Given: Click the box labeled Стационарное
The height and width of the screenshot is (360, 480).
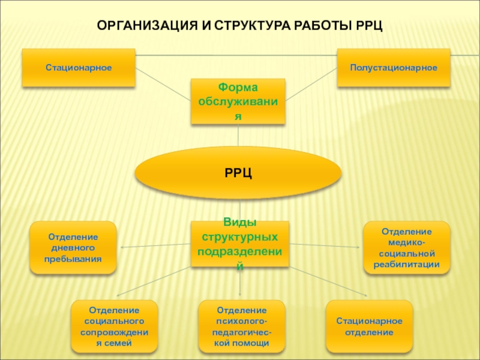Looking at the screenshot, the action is (x=79, y=68).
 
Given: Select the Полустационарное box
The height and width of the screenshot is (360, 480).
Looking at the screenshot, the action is (x=394, y=68).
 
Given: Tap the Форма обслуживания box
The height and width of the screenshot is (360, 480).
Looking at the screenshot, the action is (x=238, y=101).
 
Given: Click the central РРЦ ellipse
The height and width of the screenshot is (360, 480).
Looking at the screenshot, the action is (x=238, y=173).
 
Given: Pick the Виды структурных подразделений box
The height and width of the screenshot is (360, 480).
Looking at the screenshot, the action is (x=240, y=244).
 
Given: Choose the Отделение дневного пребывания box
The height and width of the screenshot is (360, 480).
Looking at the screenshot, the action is (x=73, y=248).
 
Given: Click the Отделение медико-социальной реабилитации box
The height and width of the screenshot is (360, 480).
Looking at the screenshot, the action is (x=407, y=248).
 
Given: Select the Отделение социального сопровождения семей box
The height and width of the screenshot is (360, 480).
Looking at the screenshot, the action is (x=115, y=326).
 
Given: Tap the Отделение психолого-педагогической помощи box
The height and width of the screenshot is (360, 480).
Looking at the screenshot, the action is (x=242, y=326).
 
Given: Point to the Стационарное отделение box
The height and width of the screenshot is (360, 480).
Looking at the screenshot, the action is (x=370, y=326).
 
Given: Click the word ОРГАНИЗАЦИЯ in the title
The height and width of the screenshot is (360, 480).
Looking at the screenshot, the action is (x=147, y=26).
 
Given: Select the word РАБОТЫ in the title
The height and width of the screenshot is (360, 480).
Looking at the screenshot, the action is (x=323, y=26).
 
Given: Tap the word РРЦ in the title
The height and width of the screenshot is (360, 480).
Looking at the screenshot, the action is (x=369, y=26).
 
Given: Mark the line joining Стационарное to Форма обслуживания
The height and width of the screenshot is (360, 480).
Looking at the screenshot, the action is (x=163, y=85).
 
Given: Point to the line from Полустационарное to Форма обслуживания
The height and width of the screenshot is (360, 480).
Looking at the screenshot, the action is (x=311, y=85).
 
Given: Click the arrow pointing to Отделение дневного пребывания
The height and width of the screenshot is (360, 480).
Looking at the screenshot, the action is (x=156, y=245).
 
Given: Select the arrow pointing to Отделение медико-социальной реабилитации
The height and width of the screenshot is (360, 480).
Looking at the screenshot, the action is (x=325, y=245).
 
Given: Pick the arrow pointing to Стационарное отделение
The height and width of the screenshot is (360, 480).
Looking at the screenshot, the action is (x=328, y=281).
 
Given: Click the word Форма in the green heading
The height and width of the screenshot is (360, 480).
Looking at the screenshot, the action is (x=238, y=88).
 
